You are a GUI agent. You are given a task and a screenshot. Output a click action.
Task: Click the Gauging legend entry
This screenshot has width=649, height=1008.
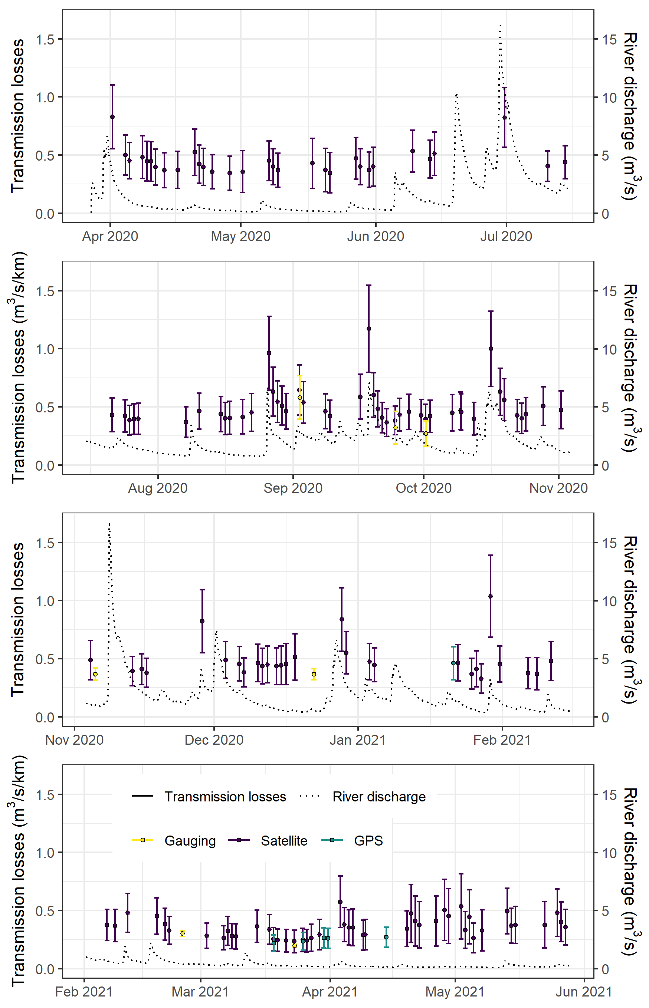[190, 841]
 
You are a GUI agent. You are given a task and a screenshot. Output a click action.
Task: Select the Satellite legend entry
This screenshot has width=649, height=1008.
[283, 841]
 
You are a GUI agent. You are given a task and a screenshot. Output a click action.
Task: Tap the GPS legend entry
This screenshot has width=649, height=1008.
[368, 841]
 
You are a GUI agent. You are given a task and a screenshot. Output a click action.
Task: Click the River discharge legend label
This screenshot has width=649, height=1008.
[379, 797]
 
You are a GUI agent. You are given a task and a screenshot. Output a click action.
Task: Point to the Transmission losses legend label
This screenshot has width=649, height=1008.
[225, 797]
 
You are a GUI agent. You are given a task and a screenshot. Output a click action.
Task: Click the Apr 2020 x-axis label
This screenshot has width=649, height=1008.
[110, 236]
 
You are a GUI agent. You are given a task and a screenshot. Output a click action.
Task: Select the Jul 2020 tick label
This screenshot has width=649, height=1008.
[506, 236]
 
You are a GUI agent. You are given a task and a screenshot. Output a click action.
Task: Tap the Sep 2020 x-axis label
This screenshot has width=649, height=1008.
[293, 488]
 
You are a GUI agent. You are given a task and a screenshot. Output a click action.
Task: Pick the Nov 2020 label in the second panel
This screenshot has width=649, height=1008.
[558, 488]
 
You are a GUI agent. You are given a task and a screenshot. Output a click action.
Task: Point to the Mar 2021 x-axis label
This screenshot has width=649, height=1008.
[200, 992]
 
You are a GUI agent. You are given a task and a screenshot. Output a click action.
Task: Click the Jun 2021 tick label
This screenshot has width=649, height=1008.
[584, 992]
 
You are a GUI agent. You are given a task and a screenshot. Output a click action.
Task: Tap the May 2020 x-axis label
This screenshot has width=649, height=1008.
[240, 236]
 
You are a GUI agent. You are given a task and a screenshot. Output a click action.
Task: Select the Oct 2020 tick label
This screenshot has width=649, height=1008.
[423, 488]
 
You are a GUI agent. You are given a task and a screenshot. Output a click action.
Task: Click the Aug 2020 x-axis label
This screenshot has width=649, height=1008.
[158, 488]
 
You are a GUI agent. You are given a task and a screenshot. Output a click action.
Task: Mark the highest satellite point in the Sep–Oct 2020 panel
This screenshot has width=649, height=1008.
[369, 329]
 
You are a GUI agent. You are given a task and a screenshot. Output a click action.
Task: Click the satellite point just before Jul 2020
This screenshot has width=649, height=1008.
[504, 118]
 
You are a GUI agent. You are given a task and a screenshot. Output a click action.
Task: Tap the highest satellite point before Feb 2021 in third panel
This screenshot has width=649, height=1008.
[490, 596]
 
